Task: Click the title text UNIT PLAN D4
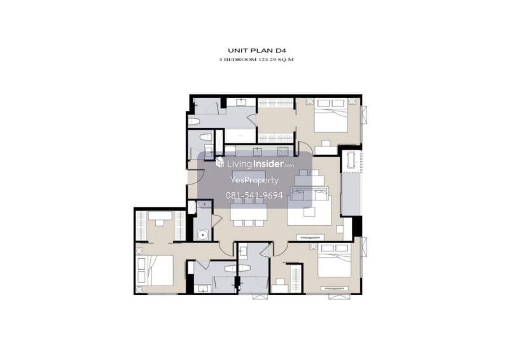[x=256, y=50]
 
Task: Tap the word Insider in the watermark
[x=268, y=164]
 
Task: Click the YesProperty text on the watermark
[x=254, y=181]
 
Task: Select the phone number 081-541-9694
[x=254, y=195]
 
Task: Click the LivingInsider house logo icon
[x=220, y=162]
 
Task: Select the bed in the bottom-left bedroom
[x=155, y=270]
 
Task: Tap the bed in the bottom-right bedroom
[x=335, y=260]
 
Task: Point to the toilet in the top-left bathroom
[x=194, y=121]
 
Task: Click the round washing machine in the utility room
[x=203, y=234]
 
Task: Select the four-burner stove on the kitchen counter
[x=282, y=151]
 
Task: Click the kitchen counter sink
[x=258, y=151]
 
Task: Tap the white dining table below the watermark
[x=249, y=212]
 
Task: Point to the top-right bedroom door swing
[x=306, y=148]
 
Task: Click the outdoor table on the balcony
[x=351, y=160]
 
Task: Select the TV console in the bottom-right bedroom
[x=335, y=288]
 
